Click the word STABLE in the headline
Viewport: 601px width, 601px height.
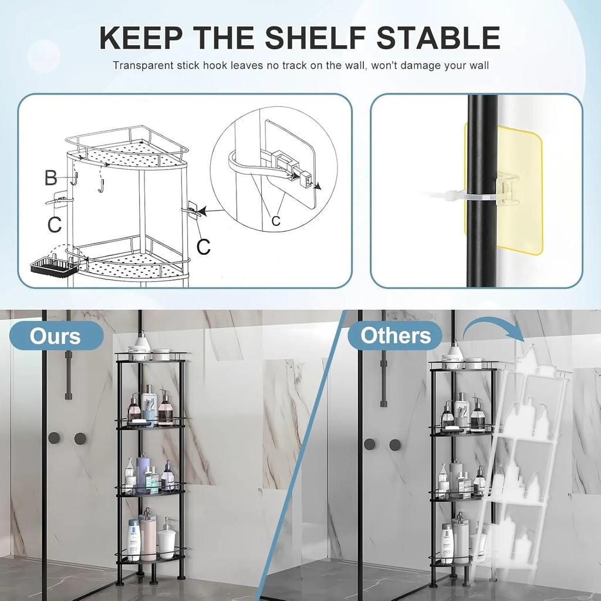(x=437, y=37)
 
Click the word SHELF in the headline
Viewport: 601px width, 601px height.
(x=311, y=37)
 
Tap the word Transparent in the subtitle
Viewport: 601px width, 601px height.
(x=142, y=65)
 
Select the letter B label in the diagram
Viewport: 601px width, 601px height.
(x=52, y=177)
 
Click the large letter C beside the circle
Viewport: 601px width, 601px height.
(x=203, y=247)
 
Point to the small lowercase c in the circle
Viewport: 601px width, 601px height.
(x=275, y=220)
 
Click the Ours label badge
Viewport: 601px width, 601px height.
(x=56, y=336)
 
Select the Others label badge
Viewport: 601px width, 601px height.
(x=395, y=336)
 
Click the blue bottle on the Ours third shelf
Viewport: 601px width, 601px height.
(x=142, y=472)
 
